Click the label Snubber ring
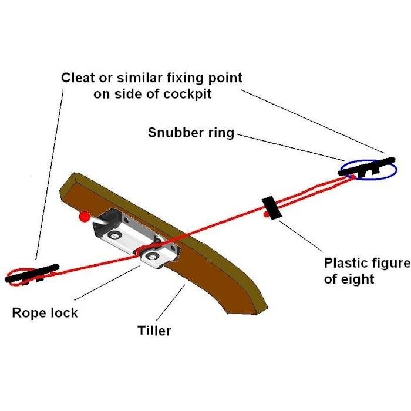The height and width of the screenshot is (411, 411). (x=191, y=133)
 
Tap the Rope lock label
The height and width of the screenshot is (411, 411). (x=45, y=312)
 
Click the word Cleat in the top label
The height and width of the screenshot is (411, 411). (x=80, y=78)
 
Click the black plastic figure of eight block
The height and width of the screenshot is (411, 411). (x=271, y=207)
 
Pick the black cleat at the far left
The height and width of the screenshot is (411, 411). (x=32, y=273)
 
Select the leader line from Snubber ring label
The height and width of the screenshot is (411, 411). (x=288, y=146)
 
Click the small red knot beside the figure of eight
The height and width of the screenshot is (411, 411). (x=266, y=216)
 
